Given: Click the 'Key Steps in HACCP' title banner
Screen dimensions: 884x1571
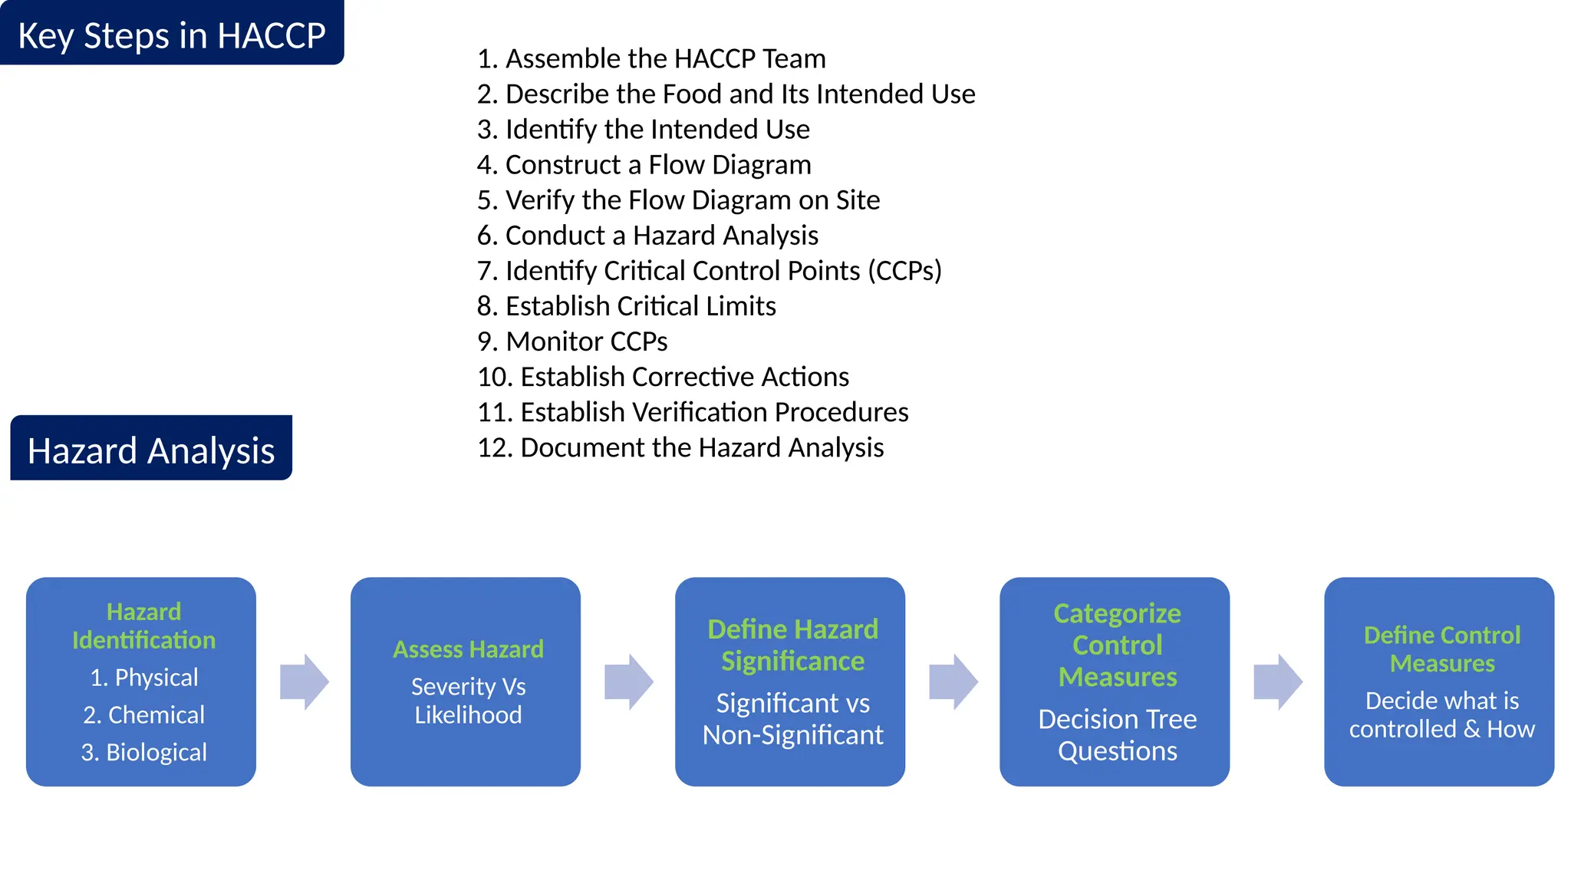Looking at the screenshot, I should pyautogui.click(x=172, y=35).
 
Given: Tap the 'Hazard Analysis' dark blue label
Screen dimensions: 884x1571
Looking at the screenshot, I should pyautogui.click(x=151, y=450).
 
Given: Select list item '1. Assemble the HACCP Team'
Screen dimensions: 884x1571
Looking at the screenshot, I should pyautogui.click(x=651, y=58).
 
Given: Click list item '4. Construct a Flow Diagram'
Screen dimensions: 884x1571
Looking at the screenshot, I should pyautogui.click(x=644, y=164).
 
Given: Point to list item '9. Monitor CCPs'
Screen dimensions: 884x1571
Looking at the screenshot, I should pyautogui.click(x=572, y=341).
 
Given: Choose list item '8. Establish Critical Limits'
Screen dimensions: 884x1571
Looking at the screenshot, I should pyautogui.click(x=626, y=305).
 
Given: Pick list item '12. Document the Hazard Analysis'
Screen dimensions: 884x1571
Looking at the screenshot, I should pyautogui.click(x=680, y=447).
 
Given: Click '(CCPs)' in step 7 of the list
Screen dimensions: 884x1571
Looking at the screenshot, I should pyautogui.click(x=904, y=270).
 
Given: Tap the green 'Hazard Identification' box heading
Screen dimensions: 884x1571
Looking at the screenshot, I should pyautogui.click(x=143, y=625).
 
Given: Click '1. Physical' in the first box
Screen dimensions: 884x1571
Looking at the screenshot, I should pyautogui.click(x=144, y=678).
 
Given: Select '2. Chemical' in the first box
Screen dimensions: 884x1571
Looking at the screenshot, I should pyautogui.click(x=144, y=714).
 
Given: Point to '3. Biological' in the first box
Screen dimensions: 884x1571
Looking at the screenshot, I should pyautogui.click(x=144, y=752).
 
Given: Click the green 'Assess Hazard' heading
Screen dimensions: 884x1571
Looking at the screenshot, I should pyautogui.click(x=468, y=649).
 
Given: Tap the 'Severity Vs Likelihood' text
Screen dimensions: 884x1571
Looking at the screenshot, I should pyautogui.click(x=468, y=700).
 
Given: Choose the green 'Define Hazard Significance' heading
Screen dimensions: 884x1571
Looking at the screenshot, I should pyautogui.click(x=792, y=645).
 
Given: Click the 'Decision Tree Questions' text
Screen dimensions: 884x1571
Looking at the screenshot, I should pyautogui.click(x=1117, y=734).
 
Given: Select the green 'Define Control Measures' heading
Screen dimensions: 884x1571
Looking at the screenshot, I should pyautogui.click(x=1441, y=648).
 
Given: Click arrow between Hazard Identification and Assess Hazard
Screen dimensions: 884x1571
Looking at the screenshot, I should pyautogui.click(x=304, y=681).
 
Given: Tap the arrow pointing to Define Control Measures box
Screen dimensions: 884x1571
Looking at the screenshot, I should pyautogui.click(x=1277, y=681).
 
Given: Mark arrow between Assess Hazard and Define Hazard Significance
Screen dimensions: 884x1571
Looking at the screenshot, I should pyautogui.click(x=628, y=681).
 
